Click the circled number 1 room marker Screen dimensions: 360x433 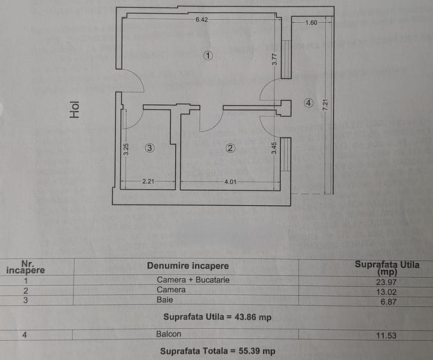(x=207, y=56)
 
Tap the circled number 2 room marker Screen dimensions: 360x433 (x=231, y=148)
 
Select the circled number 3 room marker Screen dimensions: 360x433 (x=149, y=148)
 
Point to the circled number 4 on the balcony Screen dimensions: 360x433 (x=309, y=102)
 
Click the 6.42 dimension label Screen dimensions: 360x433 (x=201, y=20)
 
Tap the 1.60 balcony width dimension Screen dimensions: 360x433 (x=311, y=23)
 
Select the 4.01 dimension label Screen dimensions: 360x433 (x=230, y=182)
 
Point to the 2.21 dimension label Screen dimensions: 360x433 (x=148, y=182)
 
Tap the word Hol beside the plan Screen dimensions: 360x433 (x=75, y=112)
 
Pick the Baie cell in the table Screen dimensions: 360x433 (x=164, y=299)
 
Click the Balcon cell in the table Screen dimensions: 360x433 (x=168, y=334)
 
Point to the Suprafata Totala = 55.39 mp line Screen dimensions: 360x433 (x=217, y=351)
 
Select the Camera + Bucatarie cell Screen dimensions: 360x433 (x=193, y=279)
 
